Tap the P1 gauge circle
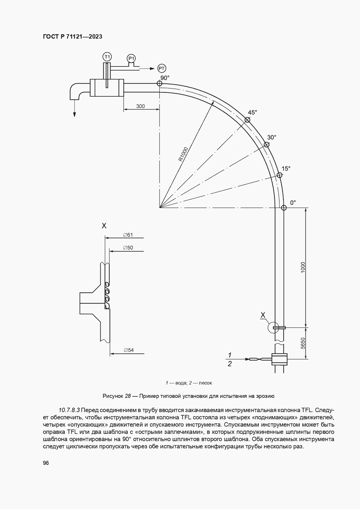(x=131, y=59)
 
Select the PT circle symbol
(x=162, y=68)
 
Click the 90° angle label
(x=165, y=78)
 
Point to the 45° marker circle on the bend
(x=247, y=120)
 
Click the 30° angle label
(x=272, y=137)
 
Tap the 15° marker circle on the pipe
(x=279, y=175)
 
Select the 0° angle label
(x=293, y=203)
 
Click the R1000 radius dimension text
(x=183, y=154)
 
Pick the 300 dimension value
(x=140, y=106)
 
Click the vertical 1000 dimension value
(x=303, y=267)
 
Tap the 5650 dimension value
(x=303, y=343)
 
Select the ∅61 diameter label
(x=128, y=235)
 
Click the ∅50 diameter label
(x=128, y=248)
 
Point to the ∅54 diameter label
(x=129, y=350)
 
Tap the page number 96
(x=46, y=463)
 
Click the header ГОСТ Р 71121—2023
(x=73, y=37)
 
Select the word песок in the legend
(x=205, y=383)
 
